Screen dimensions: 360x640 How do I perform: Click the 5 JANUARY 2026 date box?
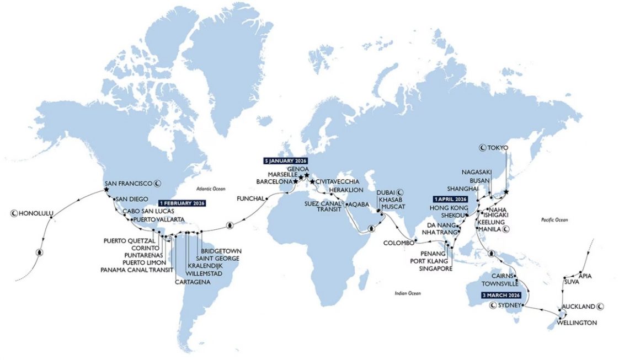tap(285, 161)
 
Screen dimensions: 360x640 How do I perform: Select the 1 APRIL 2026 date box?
tap(450, 199)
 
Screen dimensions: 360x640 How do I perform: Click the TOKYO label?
tap(498, 148)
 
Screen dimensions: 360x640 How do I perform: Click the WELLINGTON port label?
tap(577, 323)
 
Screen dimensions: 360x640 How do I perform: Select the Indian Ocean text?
tap(408, 293)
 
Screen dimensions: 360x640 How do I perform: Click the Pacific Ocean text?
tap(552, 221)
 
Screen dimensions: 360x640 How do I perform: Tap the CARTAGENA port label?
tap(191, 282)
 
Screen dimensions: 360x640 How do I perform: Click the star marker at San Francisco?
tap(105, 190)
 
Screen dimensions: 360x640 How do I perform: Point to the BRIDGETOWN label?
tap(221, 251)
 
